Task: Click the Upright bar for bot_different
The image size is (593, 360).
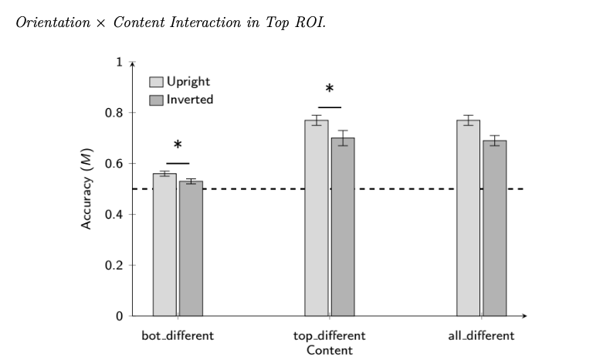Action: click(164, 245)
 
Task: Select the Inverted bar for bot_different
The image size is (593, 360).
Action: click(191, 249)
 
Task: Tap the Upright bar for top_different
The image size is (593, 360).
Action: click(317, 218)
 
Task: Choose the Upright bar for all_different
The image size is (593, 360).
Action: click(469, 218)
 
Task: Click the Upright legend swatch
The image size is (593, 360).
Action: click(156, 82)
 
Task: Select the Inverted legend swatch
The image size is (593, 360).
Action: click(156, 100)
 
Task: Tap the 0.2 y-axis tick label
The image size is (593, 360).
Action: click(114, 265)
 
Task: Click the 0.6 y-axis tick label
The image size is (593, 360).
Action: click(114, 163)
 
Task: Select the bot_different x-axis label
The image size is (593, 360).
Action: click(178, 336)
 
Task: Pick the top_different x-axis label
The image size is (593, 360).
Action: click(330, 336)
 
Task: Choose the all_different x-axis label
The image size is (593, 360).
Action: click(481, 336)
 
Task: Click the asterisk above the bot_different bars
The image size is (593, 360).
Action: click(178, 145)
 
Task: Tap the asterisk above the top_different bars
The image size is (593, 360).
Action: click(330, 89)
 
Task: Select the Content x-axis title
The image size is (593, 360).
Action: click(330, 351)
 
